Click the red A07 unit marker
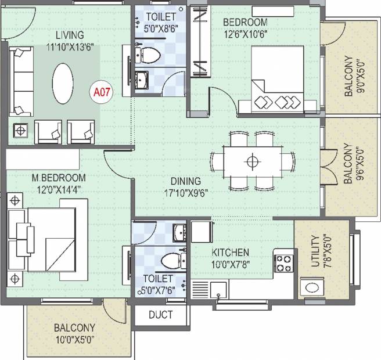click(x=102, y=92)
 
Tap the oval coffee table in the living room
click(x=63, y=84)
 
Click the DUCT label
click(x=161, y=315)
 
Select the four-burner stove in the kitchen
click(x=284, y=263)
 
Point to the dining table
click(x=253, y=162)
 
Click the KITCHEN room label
click(x=231, y=253)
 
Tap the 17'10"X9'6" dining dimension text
click(x=186, y=193)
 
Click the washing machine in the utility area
click(x=312, y=288)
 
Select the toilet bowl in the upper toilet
click(x=149, y=55)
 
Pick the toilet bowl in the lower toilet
click(x=173, y=261)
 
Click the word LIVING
click(x=70, y=35)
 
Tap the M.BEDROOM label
click(x=59, y=178)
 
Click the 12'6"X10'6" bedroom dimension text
click(x=246, y=34)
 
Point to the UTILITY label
click(x=315, y=251)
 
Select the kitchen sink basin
click(x=219, y=290)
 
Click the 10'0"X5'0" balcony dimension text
click(x=74, y=339)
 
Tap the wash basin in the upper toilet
click(x=142, y=80)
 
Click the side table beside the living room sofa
click(x=20, y=131)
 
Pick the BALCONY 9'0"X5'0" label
click(x=354, y=76)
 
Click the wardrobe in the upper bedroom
click(x=200, y=41)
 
